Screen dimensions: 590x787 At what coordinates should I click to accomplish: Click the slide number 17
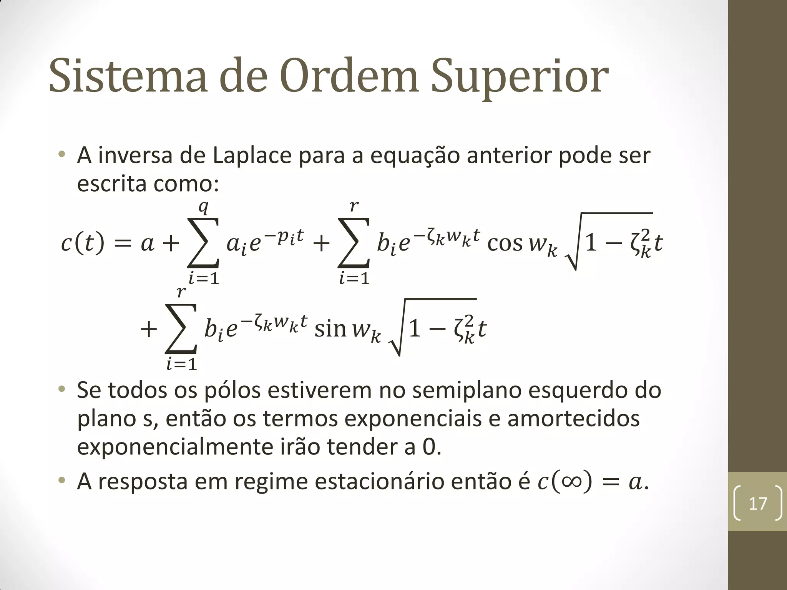point(758,504)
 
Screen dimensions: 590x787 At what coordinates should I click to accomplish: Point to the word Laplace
point(252,156)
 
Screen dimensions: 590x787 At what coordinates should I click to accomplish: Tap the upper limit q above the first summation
point(203,207)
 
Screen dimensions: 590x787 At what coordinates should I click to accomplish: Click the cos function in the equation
point(505,243)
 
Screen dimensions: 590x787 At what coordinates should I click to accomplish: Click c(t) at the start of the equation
point(83,243)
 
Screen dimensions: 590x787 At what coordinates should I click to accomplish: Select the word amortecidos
point(573,419)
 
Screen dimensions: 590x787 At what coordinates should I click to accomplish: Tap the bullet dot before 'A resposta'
point(61,481)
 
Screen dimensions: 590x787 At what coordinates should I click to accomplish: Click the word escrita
point(112,184)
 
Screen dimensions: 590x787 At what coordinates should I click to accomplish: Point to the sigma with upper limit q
point(203,242)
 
